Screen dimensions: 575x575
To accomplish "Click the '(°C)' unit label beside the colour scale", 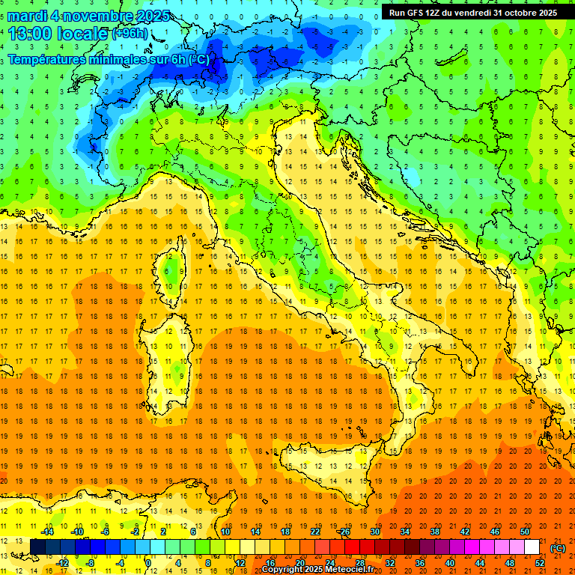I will (558, 547).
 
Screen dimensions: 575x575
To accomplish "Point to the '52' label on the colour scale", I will (540, 563).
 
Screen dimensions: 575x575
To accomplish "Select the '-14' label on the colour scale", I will (47, 532).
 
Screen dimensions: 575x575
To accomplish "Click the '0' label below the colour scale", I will (148, 563).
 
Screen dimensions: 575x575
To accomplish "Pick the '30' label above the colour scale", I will (375, 532).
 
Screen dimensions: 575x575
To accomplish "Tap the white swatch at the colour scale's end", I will (532, 547).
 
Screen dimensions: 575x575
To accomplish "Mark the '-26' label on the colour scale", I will (344, 532).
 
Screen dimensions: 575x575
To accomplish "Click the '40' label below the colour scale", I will (450, 563).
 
